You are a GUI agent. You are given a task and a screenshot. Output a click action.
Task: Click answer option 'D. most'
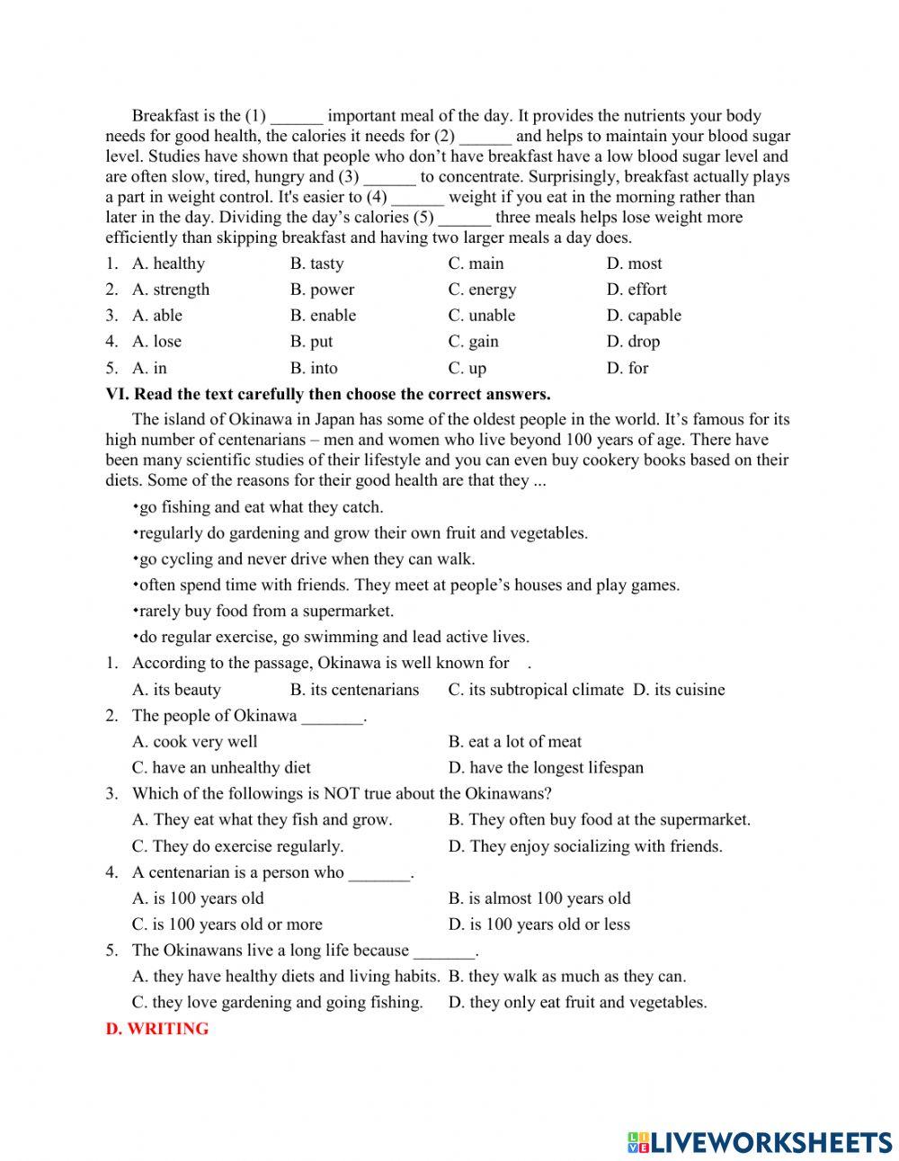pos(634,263)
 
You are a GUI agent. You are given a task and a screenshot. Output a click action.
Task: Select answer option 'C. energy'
pos(482,290)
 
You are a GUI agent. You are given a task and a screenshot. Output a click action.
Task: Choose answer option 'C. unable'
pos(482,316)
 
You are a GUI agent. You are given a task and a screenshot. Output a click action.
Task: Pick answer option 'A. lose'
pos(156,342)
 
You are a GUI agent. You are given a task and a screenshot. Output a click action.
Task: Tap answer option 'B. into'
pos(314,368)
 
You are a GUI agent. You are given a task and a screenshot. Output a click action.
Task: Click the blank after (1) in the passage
pos(296,117)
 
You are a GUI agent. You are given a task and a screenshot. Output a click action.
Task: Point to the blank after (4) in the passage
pos(418,198)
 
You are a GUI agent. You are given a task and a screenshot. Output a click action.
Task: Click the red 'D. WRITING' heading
pos(157,1029)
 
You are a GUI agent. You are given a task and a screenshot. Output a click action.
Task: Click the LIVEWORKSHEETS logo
pos(760,1142)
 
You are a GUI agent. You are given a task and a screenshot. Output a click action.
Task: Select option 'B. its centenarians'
pos(354,690)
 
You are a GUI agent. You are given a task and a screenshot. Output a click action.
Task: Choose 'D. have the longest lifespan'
pos(546,768)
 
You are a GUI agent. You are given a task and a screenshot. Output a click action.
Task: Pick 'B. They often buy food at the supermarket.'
pos(599,819)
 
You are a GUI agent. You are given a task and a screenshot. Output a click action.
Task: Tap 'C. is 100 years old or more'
pos(227,924)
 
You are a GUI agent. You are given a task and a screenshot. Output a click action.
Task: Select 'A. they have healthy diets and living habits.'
pos(286,977)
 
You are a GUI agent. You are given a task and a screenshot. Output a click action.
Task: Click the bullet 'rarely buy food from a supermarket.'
pos(265,612)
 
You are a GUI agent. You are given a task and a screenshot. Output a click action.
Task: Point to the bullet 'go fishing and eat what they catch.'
pos(260,507)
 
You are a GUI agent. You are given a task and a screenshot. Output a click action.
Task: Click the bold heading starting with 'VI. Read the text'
pos(328,394)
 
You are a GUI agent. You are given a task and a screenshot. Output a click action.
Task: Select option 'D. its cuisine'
pos(679,690)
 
